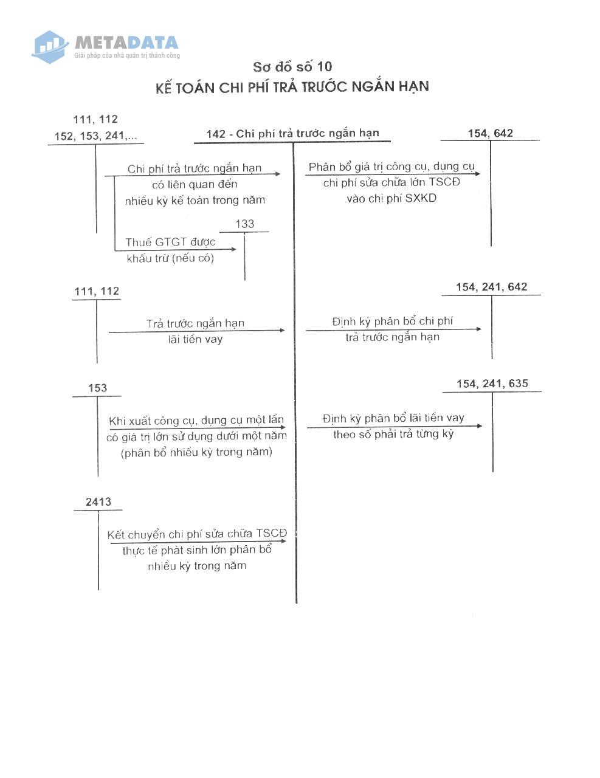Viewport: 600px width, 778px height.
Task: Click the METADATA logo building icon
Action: pyautogui.click(x=49, y=47)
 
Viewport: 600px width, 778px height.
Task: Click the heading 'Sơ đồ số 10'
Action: pyautogui.click(x=292, y=67)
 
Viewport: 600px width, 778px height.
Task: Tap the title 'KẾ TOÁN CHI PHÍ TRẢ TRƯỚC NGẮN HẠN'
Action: pyautogui.click(x=292, y=87)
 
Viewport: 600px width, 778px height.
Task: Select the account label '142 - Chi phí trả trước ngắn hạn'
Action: pyautogui.click(x=292, y=134)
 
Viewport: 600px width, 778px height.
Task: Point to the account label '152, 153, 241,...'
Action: pyautogui.click(x=95, y=136)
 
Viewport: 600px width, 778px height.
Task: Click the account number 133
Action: pyautogui.click(x=244, y=224)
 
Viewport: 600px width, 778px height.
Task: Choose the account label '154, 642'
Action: pyautogui.click(x=491, y=133)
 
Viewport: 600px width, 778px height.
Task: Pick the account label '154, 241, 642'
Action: pyautogui.click(x=492, y=287)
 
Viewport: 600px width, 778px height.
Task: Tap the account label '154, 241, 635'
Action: pyautogui.click(x=492, y=384)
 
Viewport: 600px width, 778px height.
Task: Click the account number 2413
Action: pyautogui.click(x=98, y=501)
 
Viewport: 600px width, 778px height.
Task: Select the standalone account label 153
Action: pyautogui.click(x=97, y=388)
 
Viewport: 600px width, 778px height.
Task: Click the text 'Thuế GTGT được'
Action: pyautogui.click(x=170, y=243)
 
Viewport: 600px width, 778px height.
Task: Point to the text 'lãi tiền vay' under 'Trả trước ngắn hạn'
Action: pyautogui.click(x=196, y=339)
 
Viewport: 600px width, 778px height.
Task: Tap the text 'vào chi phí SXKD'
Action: pyautogui.click(x=391, y=198)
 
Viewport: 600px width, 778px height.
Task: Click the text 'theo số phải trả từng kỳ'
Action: pyautogui.click(x=393, y=435)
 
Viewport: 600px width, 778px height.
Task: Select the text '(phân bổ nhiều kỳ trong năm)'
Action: pyautogui.click(x=196, y=453)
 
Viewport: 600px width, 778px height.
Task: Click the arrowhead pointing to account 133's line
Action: pyautogui.click(x=234, y=249)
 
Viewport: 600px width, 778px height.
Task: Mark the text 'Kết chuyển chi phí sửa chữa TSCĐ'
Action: pyautogui.click(x=197, y=534)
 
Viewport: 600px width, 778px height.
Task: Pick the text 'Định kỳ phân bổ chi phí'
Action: pyautogui.click(x=392, y=321)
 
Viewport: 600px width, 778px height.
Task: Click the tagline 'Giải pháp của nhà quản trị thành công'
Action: pyautogui.click(x=127, y=55)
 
